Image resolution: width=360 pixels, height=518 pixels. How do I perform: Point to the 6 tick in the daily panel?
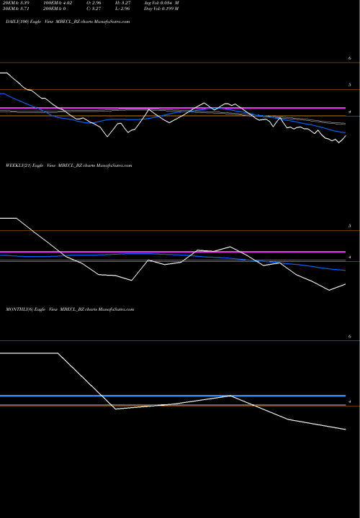pos(348,58)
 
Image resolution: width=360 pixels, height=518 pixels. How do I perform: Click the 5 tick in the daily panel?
pos(348,85)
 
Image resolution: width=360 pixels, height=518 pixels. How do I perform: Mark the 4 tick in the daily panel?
pos(348,113)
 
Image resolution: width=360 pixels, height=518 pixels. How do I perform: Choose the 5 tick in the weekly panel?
pos(348,226)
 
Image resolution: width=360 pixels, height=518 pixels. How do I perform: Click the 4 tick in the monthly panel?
pos(348,401)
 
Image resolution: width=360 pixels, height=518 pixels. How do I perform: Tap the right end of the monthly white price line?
pos(346,430)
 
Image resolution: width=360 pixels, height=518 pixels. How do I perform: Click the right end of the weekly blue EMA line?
pos(346,270)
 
